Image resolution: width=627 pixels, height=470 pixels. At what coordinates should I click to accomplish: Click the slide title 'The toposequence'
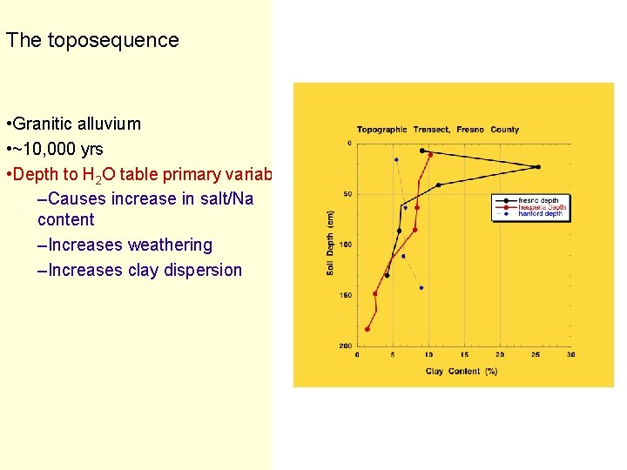point(92,40)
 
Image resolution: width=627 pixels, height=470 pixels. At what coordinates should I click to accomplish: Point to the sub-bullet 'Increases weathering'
point(130,245)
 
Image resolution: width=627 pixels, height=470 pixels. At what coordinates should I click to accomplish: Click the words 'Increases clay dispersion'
point(145,270)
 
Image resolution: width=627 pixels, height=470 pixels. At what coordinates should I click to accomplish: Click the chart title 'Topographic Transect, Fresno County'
point(437,130)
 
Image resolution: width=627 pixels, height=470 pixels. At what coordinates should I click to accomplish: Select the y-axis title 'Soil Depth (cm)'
point(331,243)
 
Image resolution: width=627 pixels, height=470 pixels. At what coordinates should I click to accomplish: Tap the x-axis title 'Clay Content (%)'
point(462,371)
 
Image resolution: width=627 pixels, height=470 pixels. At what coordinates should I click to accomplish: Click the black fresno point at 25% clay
point(538,166)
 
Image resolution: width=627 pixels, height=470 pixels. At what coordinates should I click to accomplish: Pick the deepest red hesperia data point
point(367,329)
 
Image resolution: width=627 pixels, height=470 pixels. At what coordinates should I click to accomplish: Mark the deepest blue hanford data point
point(421,287)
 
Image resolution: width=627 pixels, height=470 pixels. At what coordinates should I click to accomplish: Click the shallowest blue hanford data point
point(396,159)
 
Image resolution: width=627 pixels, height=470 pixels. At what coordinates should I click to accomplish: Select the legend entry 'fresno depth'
point(537,201)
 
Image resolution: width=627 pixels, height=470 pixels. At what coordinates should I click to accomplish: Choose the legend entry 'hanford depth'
point(539,214)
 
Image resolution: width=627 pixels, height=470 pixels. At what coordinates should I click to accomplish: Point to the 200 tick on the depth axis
point(345,346)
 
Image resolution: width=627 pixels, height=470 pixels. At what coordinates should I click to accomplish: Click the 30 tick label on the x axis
point(570,355)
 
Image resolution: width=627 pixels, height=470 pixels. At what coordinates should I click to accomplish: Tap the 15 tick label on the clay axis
point(463,355)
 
